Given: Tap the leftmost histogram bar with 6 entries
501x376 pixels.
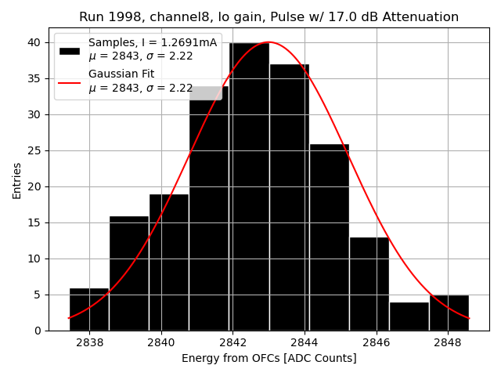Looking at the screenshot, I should tap(89, 309).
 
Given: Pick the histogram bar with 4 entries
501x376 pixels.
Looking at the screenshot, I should tap(409, 316).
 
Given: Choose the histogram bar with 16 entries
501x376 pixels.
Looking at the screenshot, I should tap(129, 273).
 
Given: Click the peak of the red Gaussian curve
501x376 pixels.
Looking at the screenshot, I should tap(269, 42).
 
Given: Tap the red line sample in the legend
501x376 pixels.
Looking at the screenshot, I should tap(70, 81).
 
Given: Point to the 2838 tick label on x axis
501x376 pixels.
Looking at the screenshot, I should tap(89, 343).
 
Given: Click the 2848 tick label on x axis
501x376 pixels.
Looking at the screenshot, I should tap(448, 343).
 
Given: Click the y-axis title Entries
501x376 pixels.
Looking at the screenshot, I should tap(17, 180).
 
